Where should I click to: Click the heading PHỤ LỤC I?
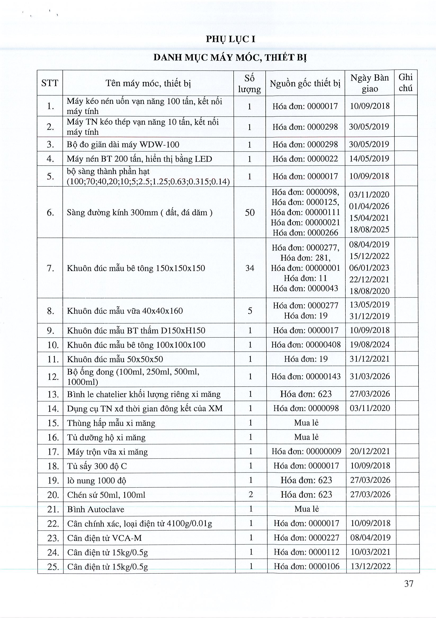(x=230, y=39)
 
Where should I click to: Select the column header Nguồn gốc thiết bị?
(x=305, y=84)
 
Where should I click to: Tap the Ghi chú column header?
(x=405, y=83)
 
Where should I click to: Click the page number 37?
(x=408, y=584)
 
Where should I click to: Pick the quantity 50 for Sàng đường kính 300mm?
(x=250, y=213)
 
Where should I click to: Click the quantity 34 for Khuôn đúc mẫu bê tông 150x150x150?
(x=250, y=268)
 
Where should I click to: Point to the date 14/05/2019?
(x=369, y=159)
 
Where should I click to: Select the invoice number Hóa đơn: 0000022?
(x=305, y=159)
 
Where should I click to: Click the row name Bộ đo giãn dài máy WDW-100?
(x=123, y=144)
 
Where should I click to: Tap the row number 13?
(x=53, y=395)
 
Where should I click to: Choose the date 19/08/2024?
(x=370, y=345)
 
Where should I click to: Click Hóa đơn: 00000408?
(x=306, y=345)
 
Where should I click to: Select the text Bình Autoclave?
(x=95, y=509)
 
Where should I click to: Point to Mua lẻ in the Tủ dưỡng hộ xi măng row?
(x=306, y=437)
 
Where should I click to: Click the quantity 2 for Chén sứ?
(x=251, y=494)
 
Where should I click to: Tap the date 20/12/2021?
(x=370, y=451)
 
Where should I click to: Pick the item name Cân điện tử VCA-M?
(x=104, y=538)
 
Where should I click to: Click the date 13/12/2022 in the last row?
(x=370, y=566)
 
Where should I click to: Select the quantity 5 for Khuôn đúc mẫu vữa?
(x=250, y=311)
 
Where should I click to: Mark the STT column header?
(x=50, y=83)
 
